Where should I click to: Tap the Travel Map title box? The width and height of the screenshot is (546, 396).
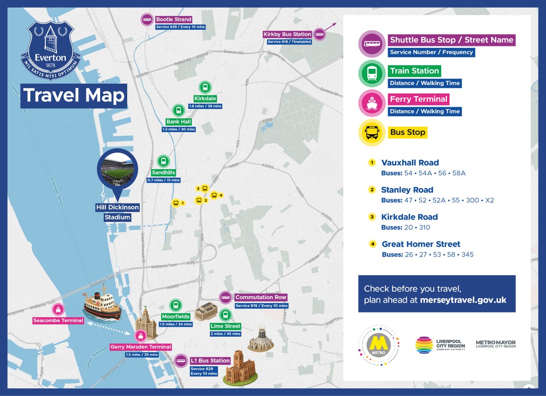(74, 96)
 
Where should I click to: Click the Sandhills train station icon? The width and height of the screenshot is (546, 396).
(163, 161)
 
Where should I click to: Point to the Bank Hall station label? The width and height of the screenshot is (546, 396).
(178, 122)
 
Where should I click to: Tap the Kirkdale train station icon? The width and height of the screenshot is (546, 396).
(205, 87)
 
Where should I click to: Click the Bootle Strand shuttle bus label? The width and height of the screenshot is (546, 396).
(173, 20)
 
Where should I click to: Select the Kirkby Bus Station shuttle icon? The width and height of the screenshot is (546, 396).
(319, 34)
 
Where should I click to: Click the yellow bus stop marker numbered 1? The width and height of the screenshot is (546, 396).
(176, 203)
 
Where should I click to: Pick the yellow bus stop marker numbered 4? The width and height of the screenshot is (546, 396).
(214, 195)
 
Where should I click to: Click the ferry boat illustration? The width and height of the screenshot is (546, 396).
(102, 303)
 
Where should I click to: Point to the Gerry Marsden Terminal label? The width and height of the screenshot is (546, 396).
(141, 347)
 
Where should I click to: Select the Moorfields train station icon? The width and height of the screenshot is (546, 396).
(176, 305)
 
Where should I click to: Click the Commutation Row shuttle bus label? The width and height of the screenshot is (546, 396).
(261, 297)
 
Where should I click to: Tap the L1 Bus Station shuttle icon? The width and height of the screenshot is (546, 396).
(181, 360)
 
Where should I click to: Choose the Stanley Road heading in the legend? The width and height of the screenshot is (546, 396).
(407, 190)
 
